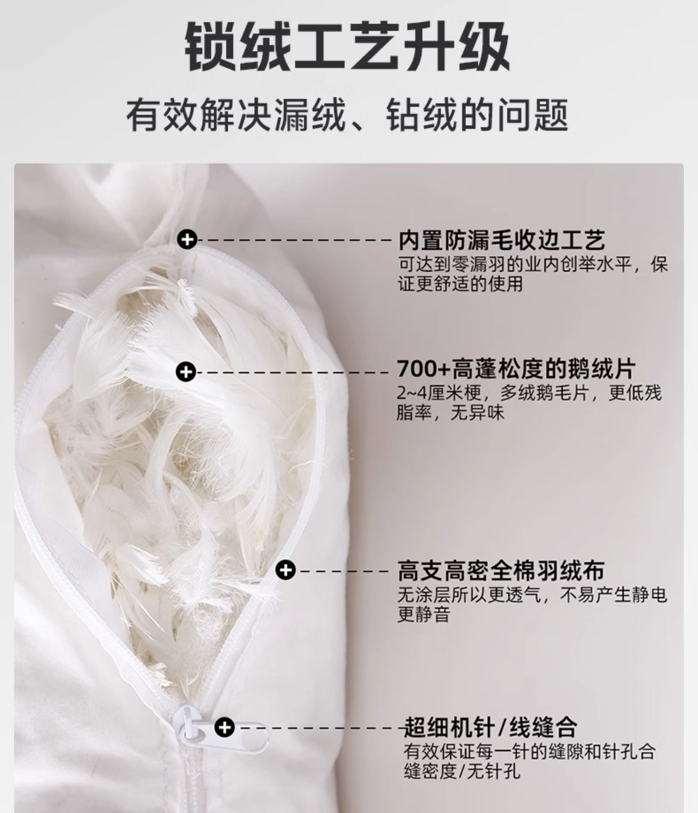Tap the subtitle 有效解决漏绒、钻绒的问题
tap(347, 115)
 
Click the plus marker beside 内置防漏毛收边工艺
tap(187, 239)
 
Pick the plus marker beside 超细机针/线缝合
tap(224, 727)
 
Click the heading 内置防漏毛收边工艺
tap(502, 240)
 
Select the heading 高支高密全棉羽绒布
tap(501, 571)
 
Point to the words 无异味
tap(477, 412)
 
